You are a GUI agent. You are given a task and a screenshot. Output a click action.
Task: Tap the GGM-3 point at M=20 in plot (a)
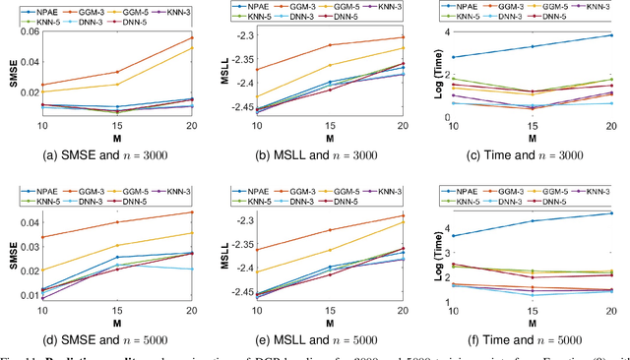[193, 38]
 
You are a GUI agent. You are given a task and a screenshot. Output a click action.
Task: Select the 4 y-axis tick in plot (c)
[445, 32]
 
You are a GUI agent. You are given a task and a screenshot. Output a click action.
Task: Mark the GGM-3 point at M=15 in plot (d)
[117, 222]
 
